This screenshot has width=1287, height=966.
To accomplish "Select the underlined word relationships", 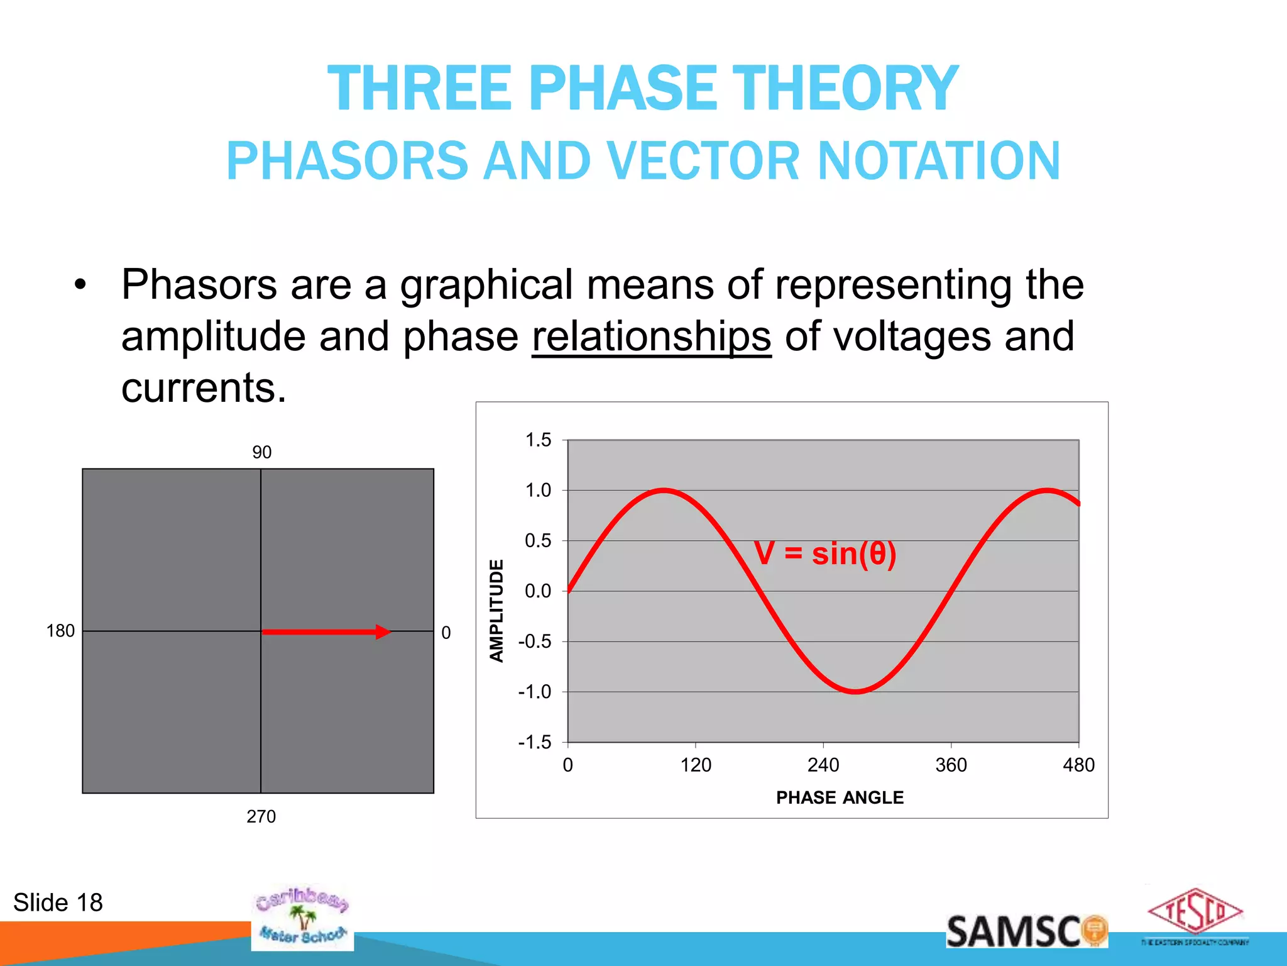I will pos(651,336).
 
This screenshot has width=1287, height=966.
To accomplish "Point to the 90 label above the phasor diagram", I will pos(261,452).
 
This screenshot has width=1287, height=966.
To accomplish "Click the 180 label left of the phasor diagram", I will pos(60,631).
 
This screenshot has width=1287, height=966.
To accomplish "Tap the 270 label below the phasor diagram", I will pos(261,816).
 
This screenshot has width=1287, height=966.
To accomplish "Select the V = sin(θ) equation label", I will pos(825,554).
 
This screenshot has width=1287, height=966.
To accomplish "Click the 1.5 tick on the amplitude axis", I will pos(538,440).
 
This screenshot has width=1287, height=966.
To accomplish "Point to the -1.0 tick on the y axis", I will pos(535,692).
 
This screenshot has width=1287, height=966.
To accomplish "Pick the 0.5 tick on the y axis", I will pos(538,541).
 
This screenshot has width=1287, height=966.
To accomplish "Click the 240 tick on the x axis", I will pos(823,765).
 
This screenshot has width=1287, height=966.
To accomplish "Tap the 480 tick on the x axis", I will pos(1078,765).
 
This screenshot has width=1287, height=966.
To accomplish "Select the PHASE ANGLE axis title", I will pos(840,797).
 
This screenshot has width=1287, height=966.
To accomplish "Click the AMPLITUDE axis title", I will pos(496,610).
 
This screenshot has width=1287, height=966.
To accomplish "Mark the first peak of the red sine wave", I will pos(664,490).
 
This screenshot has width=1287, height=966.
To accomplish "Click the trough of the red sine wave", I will pos(856,691).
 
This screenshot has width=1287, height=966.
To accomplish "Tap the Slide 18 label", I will pos(58,902).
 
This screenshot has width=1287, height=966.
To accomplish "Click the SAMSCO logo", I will pos(1026,931).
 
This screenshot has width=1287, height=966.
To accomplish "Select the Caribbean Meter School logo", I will pos(302,917).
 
